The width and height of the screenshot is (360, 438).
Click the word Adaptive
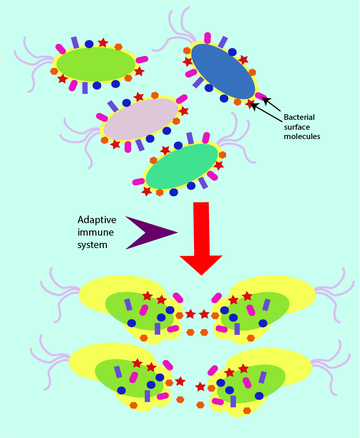(96, 220)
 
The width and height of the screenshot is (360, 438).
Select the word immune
(95, 232)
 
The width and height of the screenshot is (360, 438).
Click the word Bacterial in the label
(299, 117)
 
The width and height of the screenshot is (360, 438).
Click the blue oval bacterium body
(223, 72)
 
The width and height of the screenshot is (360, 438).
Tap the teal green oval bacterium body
(182, 166)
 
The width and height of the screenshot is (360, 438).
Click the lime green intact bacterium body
(96, 64)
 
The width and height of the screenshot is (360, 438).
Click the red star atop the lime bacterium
(103, 43)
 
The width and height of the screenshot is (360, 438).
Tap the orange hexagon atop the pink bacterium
(155, 95)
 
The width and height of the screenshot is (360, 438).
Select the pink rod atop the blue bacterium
(207, 38)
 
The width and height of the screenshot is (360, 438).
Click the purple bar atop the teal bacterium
(190, 138)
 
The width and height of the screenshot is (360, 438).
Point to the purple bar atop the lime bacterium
(75, 43)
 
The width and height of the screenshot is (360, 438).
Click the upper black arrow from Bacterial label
(270, 103)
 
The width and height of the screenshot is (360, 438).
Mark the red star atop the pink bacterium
(139, 97)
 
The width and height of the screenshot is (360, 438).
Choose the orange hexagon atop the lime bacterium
(118, 47)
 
